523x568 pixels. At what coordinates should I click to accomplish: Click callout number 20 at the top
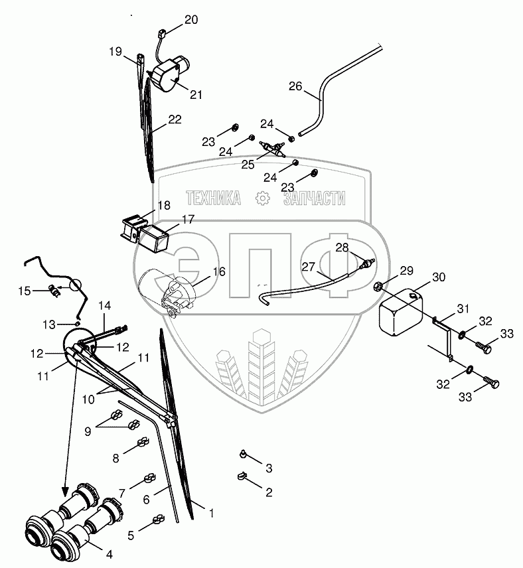point(191,19)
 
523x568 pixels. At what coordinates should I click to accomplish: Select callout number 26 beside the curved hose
point(295,86)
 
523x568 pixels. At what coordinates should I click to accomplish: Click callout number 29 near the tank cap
point(407,270)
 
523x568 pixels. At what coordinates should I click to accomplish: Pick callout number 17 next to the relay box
point(188,220)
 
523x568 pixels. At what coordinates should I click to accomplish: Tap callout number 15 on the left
point(25,291)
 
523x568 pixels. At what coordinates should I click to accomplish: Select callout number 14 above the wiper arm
point(104,306)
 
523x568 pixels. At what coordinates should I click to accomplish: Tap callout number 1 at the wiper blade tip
point(212,512)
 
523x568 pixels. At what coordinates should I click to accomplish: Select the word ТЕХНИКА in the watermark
point(213,198)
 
